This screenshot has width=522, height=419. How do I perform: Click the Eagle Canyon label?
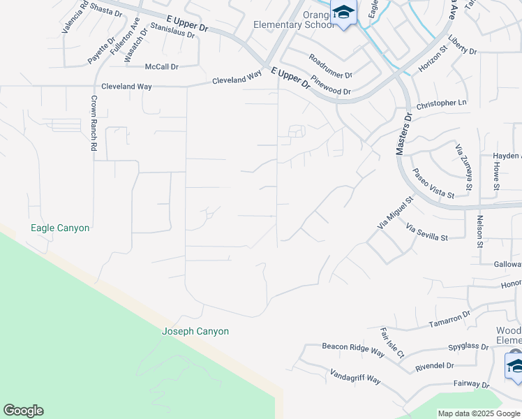(x=60, y=228)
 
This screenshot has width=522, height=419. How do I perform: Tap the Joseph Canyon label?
(x=195, y=332)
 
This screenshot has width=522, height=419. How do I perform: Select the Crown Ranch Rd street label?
(x=94, y=123)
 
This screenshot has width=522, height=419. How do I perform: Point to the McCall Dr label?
(x=162, y=66)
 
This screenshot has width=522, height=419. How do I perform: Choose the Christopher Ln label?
(x=441, y=103)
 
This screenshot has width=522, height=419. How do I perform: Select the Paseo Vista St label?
(x=433, y=183)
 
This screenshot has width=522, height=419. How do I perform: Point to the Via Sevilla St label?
(x=426, y=233)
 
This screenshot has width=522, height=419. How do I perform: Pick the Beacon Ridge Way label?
(x=353, y=349)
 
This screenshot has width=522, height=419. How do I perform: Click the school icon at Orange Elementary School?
(x=343, y=13)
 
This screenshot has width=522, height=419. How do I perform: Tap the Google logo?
(x=23, y=411)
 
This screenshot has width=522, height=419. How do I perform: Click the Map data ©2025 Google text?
(x=479, y=413)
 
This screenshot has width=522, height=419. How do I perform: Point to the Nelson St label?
(x=480, y=231)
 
